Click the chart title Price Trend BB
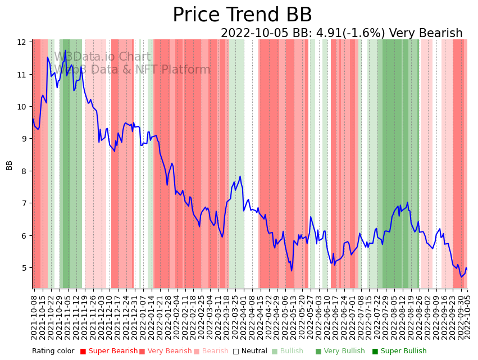(242, 15)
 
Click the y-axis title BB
(10, 165)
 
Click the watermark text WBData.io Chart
(102, 57)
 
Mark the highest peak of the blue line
(65, 51)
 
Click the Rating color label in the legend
(53, 352)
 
